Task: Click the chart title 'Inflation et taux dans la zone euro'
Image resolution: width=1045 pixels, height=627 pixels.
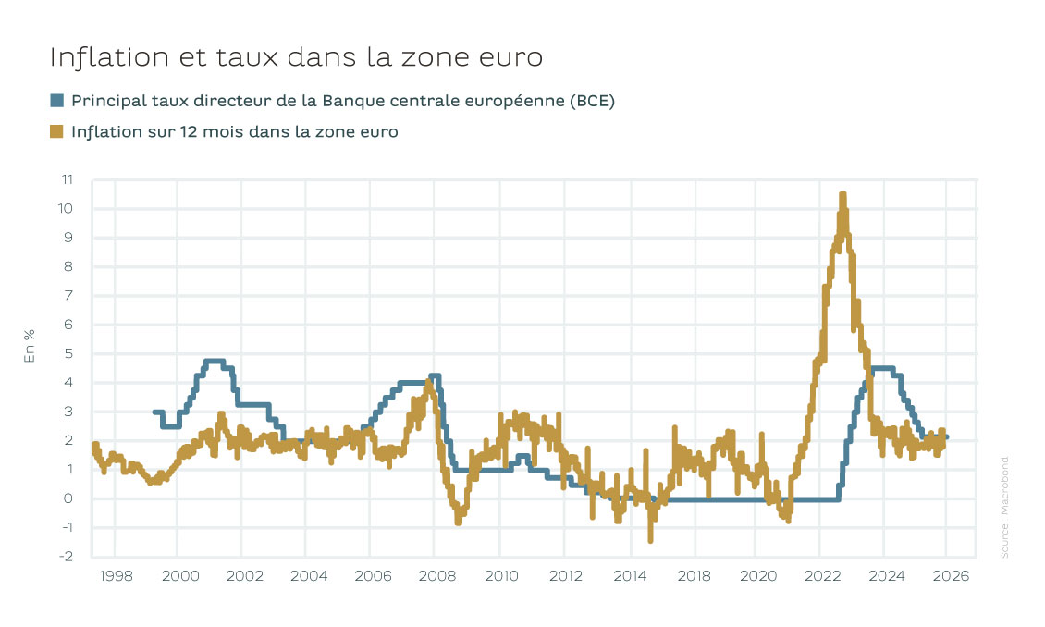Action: [295, 57]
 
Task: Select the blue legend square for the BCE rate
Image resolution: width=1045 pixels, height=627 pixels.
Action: [57, 101]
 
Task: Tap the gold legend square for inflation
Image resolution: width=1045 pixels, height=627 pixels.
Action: [57, 132]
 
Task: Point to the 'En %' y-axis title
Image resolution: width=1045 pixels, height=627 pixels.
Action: [29, 347]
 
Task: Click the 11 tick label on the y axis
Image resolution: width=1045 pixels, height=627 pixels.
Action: [67, 179]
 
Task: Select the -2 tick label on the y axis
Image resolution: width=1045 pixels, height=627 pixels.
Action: [67, 557]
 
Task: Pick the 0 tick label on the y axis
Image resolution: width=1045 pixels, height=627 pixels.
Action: [68, 498]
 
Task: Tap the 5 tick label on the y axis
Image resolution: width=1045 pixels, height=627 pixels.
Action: [68, 353]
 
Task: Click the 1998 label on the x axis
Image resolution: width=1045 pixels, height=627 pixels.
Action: [115, 576]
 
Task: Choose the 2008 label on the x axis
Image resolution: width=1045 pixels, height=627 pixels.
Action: [436, 576]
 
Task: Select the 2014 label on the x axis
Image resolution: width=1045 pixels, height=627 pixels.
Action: [630, 576]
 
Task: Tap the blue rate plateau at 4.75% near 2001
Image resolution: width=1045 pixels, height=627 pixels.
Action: [214, 361]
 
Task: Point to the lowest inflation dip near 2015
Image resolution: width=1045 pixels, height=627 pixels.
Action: [651, 539]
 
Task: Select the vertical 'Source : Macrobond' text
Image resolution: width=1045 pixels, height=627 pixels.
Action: [1004, 507]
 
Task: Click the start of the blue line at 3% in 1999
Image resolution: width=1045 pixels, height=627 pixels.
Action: [154, 412]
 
